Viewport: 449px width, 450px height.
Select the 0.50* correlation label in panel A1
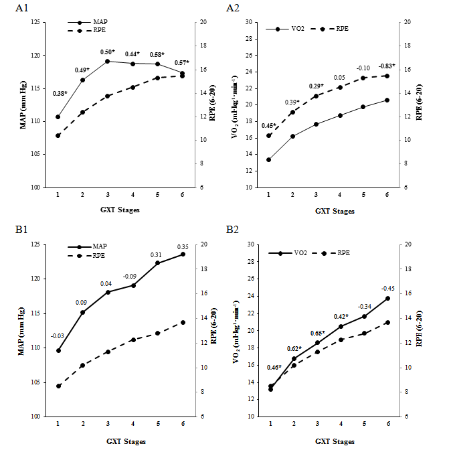(x=108, y=52)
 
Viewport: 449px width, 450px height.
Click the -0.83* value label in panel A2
(x=387, y=66)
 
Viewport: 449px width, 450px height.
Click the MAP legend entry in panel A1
(x=100, y=21)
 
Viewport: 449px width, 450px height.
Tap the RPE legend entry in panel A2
(x=341, y=29)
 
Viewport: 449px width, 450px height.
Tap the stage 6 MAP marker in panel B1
(x=183, y=254)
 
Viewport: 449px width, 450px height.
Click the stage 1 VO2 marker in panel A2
(x=268, y=159)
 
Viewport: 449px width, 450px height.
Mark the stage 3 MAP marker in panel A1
(x=107, y=62)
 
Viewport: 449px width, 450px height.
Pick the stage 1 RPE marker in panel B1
(x=58, y=386)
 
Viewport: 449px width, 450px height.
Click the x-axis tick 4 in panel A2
(x=339, y=194)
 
